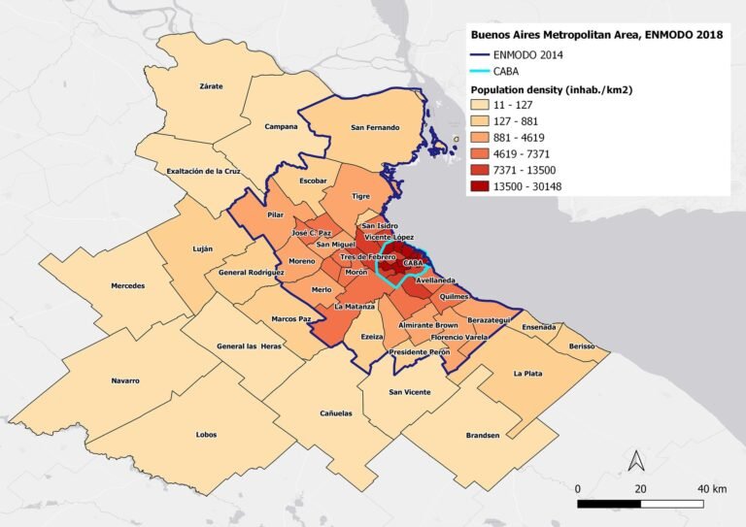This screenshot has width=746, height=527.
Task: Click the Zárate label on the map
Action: click(211, 86)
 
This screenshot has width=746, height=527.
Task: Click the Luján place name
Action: click(202, 248)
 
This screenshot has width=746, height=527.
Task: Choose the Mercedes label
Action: click(128, 286)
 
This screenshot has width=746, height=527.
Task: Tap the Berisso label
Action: click(581, 346)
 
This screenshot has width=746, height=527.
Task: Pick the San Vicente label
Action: click(409, 392)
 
